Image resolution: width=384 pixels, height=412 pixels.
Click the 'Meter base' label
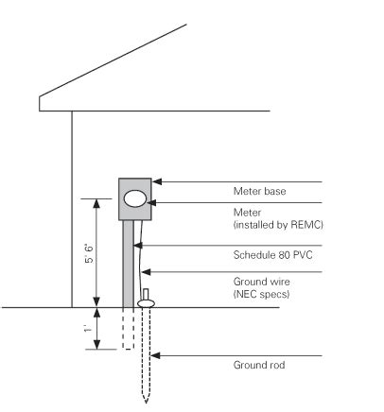[x=259, y=191]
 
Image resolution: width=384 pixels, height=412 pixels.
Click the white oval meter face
[x=135, y=199]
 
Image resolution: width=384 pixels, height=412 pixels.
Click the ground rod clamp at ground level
[x=146, y=303]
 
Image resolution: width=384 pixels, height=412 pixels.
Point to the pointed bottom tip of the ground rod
[x=146, y=400]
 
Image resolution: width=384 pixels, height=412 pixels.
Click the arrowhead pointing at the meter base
[x=157, y=180]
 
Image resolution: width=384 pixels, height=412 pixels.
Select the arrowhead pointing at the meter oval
[x=153, y=202]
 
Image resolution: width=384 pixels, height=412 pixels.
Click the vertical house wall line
[x=72, y=208]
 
